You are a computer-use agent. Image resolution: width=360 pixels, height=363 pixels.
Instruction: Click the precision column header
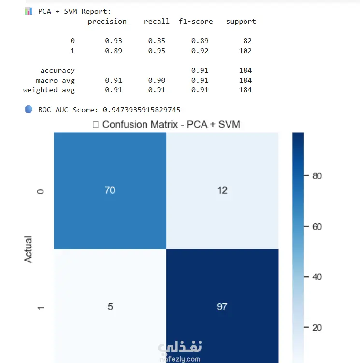(107, 21)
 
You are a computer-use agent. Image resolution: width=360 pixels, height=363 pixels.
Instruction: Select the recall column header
(157, 21)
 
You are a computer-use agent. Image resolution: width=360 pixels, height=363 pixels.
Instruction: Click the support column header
(241, 21)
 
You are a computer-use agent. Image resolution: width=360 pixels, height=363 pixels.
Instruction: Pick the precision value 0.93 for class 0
(114, 41)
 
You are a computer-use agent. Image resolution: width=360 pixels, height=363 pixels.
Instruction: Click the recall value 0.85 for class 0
(157, 41)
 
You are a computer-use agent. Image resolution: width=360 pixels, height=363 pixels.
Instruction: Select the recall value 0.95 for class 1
(157, 50)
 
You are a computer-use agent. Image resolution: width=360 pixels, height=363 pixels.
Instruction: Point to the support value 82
(247, 41)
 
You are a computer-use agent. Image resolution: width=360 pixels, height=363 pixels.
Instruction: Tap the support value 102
(245, 50)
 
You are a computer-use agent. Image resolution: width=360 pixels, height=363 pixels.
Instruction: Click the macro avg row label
(55, 80)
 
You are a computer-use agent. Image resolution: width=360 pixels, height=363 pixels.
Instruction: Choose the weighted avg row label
(49, 90)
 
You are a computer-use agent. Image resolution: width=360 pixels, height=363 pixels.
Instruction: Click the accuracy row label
(58, 71)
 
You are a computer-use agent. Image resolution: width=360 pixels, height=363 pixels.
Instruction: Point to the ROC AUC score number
(142, 110)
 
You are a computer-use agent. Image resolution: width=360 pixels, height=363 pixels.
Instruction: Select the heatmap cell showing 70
(110, 190)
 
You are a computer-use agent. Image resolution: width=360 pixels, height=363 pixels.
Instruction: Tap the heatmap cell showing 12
(222, 190)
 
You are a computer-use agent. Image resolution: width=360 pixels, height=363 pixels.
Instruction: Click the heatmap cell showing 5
(110, 306)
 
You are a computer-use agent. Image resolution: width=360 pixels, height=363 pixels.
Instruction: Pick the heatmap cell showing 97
(222, 306)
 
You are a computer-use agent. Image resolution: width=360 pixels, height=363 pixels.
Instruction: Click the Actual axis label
(29, 249)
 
